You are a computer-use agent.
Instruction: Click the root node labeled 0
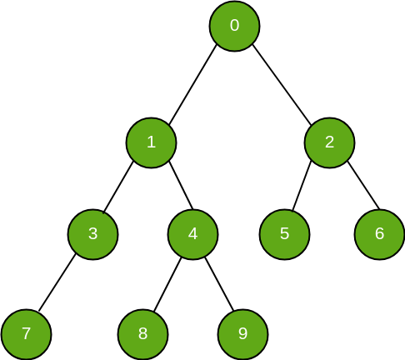(x=234, y=26)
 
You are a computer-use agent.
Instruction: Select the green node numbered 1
(x=151, y=142)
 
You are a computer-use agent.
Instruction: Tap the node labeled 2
(x=329, y=142)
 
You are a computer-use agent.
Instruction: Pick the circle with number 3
(x=93, y=234)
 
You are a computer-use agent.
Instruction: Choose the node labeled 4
(x=192, y=234)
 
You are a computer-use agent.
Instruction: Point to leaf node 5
(x=284, y=234)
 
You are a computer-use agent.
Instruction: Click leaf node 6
(x=379, y=234)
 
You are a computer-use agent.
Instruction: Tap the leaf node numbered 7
(x=26, y=334)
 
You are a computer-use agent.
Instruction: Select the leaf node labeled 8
(x=142, y=334)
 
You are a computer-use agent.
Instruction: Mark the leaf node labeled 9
(x=242, y=334)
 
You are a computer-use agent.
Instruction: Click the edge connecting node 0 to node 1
(x=192, y=84)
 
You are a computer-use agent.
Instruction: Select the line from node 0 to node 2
(x=282, y=84)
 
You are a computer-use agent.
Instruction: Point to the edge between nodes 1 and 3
(x=118, y=187)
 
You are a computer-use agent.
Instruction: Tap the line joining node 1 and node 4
(x=181, y=185)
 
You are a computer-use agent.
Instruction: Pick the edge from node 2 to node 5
(x=302, y=186)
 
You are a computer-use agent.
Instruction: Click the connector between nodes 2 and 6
(x=363, y=185)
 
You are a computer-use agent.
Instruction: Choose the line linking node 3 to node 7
(x=57, y=282)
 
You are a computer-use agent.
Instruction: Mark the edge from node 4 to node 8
(x=167, y=284)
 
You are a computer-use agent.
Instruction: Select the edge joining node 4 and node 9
(x=219, y=283)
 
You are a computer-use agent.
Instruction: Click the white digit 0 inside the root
(x=234, y=25)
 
